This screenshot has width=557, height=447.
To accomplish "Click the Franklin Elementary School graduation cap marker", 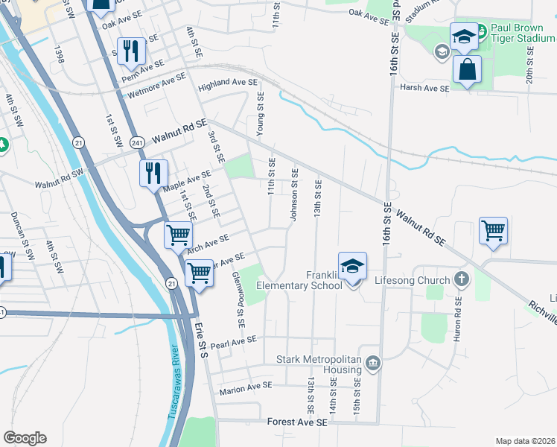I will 353,266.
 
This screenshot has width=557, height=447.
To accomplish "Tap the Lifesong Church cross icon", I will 461,280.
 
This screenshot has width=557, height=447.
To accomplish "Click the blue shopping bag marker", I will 467,69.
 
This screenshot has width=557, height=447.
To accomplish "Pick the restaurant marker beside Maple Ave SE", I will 153,173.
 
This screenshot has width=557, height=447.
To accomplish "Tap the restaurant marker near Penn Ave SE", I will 132,51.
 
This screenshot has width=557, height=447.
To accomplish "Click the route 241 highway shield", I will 136,142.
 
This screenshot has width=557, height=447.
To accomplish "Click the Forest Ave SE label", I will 297,422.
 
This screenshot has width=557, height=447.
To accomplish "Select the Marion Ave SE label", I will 246,388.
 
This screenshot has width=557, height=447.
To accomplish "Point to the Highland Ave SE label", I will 227,86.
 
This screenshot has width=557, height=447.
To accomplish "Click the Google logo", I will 25,438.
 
